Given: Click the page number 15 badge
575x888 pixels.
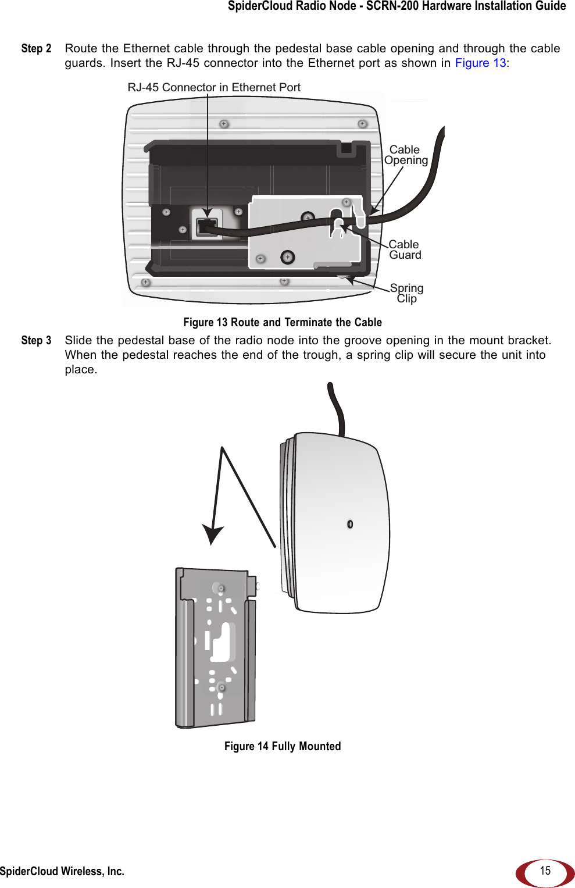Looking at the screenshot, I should (x=545, y=871).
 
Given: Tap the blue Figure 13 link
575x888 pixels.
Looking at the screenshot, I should (x=480, y=63).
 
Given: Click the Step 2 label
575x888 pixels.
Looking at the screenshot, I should (x=36, y=49).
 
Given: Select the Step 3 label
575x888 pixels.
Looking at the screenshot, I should (x=36, y=341).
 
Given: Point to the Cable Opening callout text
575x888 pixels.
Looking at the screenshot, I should (x=406, y=155).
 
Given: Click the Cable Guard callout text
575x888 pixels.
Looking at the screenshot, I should (x=405, y=250).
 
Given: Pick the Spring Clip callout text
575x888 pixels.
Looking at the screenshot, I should (x=406, y=293).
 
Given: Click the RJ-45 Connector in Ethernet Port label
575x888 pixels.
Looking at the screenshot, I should (x=214, y=88).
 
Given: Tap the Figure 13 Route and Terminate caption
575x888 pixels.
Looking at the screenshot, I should (x=283, y=323).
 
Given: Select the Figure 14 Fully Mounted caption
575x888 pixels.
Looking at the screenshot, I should (x=283, y=747).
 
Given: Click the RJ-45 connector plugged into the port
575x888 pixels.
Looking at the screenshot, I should (x=206, y=226).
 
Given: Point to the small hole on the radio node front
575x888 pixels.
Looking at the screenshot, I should (x=350, y=524).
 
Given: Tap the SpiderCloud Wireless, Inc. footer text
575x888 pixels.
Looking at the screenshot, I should (x=62, y=871).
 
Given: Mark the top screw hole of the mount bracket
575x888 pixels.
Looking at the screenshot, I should (x=221, y=589).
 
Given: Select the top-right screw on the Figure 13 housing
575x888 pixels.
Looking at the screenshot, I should (x=362, y=124).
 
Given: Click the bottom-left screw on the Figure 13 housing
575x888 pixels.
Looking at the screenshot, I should (x=146, y=283).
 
